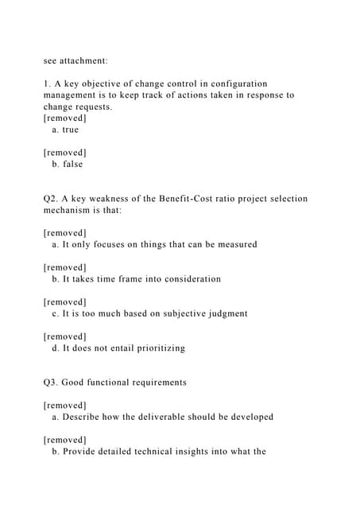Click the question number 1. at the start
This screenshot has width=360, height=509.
[47, 84]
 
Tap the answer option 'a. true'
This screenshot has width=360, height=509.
[65, 130]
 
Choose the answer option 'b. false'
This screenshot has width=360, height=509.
[67, 165]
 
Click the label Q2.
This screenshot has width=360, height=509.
[52, 199]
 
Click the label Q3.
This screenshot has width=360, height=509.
[52, 383]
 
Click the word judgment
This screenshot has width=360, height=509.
[225, 313]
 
